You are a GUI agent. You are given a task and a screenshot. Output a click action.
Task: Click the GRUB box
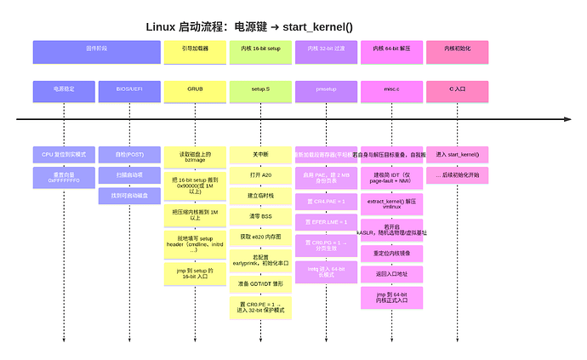pyautogui.click(x=195, y=88)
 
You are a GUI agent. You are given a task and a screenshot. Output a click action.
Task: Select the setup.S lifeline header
pyautogui.click(x=260, y=88)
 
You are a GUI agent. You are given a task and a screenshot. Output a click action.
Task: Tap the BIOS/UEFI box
pyautogui.click(x=129, y=88)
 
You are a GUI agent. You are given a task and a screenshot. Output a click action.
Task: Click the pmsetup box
pyautogui.click(x=326, y=88)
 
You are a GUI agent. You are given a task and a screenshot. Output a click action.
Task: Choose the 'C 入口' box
pyautogui.click(x=457, y=88)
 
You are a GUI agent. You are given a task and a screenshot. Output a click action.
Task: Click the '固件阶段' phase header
pyautogui.click(x=97, y=52)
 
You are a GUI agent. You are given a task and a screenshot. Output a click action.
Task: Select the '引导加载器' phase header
pyautogui.click(x=195, y=52)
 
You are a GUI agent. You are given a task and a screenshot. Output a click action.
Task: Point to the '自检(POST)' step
pyautogui.click(x=129, y=155)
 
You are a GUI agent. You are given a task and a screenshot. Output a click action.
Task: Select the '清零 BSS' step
pyautogui.click(x=260, y=216)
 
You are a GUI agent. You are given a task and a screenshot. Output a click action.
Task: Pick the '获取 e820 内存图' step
pyautogui.click(x=260, y=236)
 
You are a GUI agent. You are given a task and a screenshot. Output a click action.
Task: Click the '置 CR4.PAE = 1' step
pyautogui.click(x=326, y=202)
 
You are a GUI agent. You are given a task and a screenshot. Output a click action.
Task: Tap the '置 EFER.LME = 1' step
pyautogui.click(x=326, y=222)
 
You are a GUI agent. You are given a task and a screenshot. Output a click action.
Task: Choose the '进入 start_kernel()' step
pyautogui.click(x=457, y=155)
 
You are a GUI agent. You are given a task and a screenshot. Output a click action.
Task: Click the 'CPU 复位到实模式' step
pyautogui.click(x=64, y=155)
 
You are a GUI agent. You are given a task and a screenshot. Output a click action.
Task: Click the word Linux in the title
pyautogui.click(x=162, y=26)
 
